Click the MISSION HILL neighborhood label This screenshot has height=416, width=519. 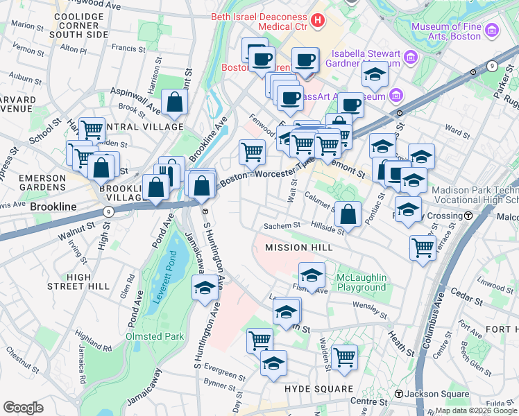click(x=298, y=247)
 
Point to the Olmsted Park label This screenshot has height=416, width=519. click(x=154, y=336)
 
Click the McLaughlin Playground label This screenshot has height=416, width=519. click(x=361, y=282)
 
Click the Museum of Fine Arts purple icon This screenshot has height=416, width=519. click(x=492, y=31)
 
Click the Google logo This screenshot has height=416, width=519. click(x=23, y=408)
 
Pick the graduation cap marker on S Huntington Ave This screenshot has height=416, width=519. click(x=205, y=288)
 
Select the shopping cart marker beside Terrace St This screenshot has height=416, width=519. click(x=422, y=247)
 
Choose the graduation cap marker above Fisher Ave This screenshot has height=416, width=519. click(x=312, y=275)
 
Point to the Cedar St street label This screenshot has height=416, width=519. click(x=470, y=302)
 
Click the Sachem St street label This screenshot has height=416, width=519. click(x=281, y=225)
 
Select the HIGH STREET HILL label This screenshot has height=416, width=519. click(x=78, y=281)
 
